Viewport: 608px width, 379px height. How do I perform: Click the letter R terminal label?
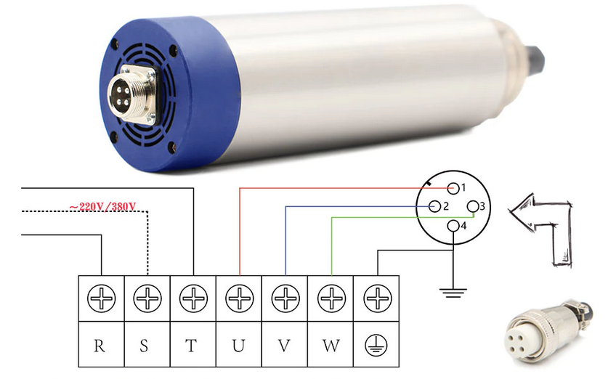pos(100,345)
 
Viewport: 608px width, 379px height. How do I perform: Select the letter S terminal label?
pos(144,345)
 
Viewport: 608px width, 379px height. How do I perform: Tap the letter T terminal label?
pos(191,345)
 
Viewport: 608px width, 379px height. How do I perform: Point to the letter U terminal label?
pos(238,345)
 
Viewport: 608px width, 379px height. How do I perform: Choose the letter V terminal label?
pos(284,345)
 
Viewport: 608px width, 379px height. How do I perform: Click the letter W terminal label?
pos(331,345)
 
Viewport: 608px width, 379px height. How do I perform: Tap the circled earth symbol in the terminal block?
pos(376,344)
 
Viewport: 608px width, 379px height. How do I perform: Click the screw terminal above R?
pos(101,298)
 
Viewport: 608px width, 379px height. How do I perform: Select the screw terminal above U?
pos(239,298)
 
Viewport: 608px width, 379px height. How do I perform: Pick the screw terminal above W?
pos(331,298)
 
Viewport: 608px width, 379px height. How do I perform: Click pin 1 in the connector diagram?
pos(453,188)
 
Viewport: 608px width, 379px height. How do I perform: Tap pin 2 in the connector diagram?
pos(435,206)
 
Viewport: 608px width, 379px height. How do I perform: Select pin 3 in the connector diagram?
pos(473,206)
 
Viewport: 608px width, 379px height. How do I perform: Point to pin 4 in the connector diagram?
pos(453,226)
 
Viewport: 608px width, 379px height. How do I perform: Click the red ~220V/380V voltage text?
pos(102,206)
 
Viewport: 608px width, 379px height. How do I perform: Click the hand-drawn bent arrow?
pos(541,230)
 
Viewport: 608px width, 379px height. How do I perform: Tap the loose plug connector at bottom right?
pos(548,332)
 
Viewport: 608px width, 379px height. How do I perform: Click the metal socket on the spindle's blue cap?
pos(132,95)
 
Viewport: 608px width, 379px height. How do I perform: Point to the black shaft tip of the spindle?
pos(535,60)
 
